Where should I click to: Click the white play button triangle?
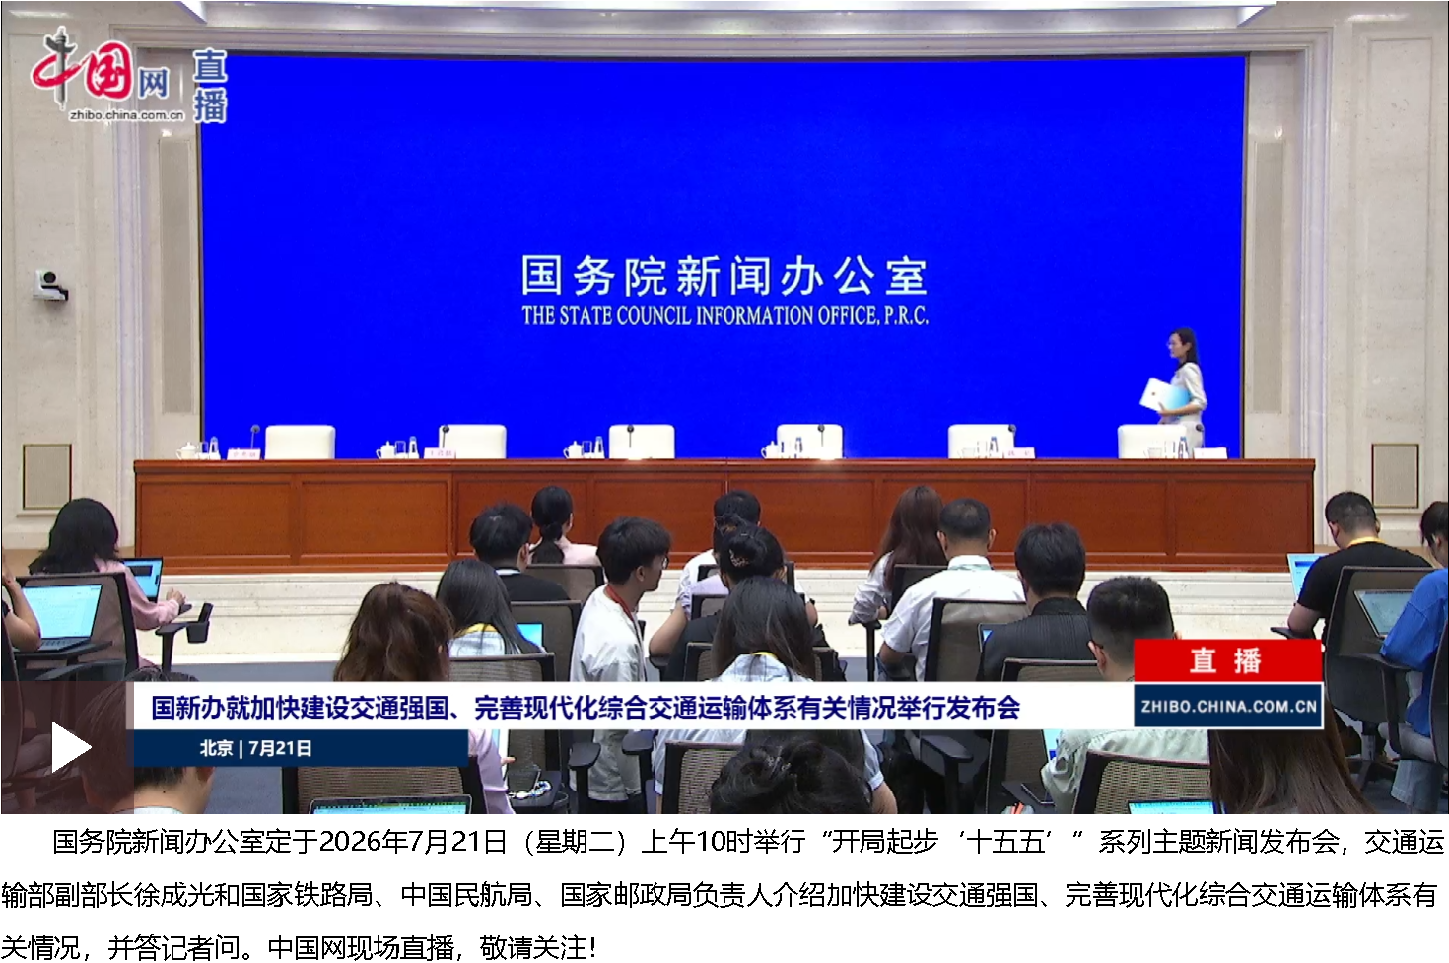coord(70,747)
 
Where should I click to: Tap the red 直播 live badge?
coord(1227,660)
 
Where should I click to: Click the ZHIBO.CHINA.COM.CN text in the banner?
coord(1228,706)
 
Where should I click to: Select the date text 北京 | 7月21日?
coord(255,748)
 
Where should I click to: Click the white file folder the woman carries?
coord(1161,396)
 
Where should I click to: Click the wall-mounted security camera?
coord(50,285)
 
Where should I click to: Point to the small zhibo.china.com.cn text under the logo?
coord(127,115)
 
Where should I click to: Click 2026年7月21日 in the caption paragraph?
coord(413,842)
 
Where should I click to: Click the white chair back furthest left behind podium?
coord(300,442)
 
